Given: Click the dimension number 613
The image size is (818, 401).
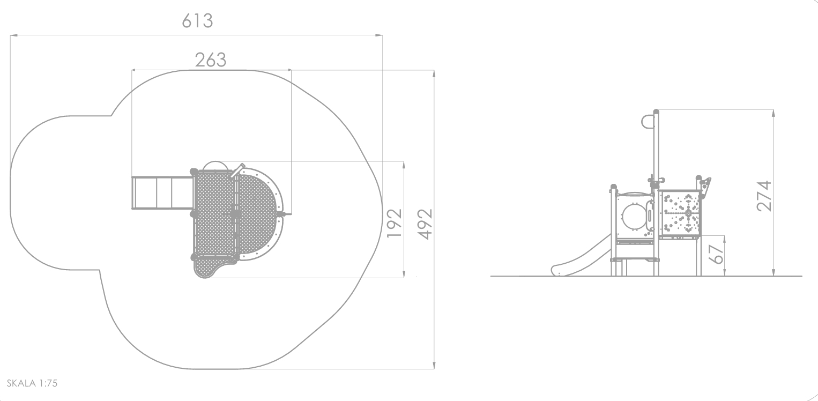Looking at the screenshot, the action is point(197,21).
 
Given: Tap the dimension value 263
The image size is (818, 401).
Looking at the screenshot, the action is point(211,60).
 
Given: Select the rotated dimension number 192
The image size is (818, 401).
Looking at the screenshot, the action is point(395,223).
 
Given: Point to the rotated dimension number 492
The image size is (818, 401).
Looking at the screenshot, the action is point(425,224).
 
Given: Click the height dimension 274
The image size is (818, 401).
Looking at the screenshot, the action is point(764,196).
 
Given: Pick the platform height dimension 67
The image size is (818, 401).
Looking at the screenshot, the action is point(716,254).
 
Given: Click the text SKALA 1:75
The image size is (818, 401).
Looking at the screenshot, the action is point(32,383).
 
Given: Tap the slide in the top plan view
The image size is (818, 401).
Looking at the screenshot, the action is point(162,193).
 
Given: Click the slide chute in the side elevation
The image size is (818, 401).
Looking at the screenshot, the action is point(580,256).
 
